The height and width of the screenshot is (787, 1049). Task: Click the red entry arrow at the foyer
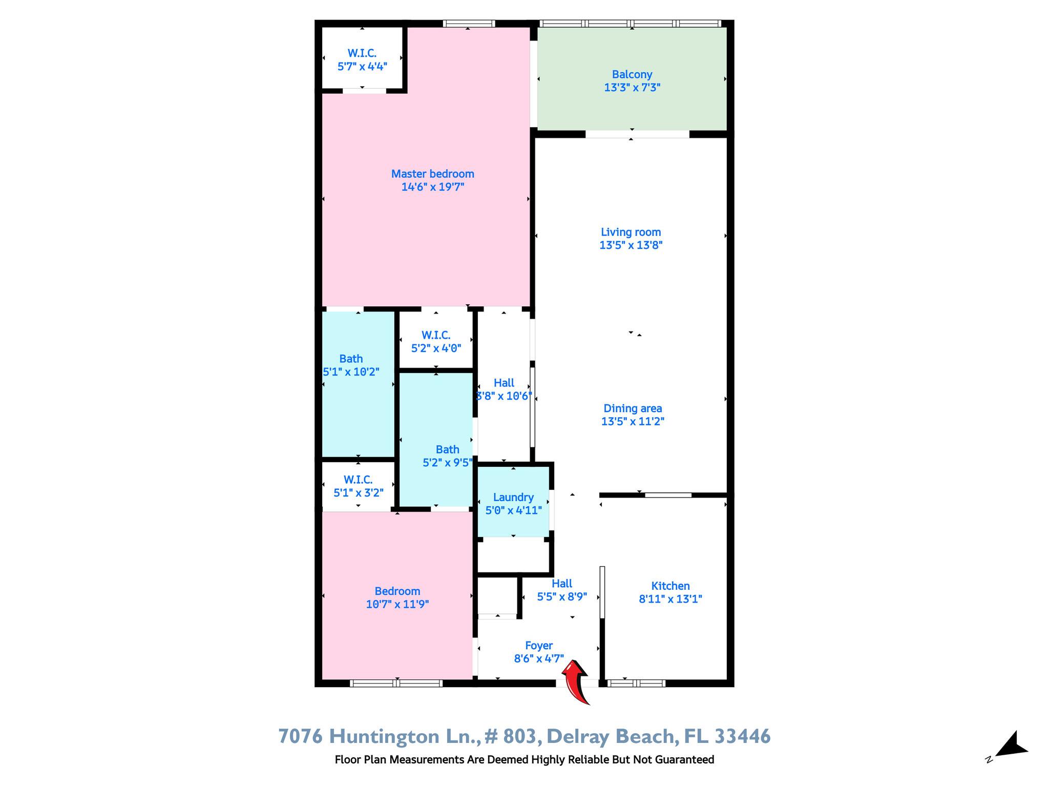(x=576, y=681)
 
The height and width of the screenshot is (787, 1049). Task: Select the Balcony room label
(x=632, y=74)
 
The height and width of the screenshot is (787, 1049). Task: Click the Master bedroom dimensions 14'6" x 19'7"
(x=433, y=187)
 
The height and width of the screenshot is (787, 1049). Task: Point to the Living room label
(x=631, y=232)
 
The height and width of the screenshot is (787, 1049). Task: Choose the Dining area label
(x=633, y=408)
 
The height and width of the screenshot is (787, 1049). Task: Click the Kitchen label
(x=670, y=586)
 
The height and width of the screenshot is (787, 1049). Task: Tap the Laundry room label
(x=513, y=497)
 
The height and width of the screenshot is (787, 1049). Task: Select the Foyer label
(x=539, y=646)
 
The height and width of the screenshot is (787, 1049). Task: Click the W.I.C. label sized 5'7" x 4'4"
(x=362, y=53)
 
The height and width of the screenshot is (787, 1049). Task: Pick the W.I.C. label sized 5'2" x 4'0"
(x=436, y=335)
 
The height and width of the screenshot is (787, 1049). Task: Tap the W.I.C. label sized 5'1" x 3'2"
(x=358, y=480)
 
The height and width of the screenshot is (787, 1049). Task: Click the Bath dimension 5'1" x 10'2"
(x=351, y=372)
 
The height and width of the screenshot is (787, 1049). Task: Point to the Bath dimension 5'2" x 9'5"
(x=447, y=463)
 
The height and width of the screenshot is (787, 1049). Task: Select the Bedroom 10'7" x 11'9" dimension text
(x=397, y=604)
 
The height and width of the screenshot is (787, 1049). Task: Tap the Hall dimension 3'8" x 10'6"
(x=504, y=396)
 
